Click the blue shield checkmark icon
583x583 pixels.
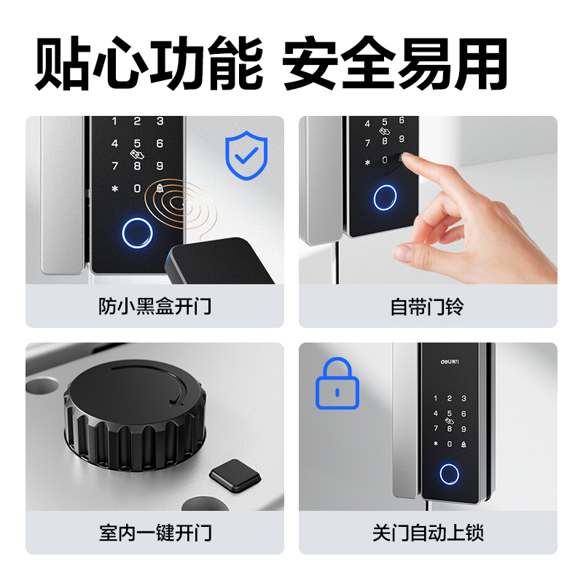coord(246,156)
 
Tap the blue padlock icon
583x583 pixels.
coord(337,383)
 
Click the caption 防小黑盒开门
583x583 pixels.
coord(154,306)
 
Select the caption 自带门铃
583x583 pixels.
coord(428,306)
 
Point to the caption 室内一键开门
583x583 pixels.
coord(154,533)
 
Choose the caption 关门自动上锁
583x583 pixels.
coord(428,533)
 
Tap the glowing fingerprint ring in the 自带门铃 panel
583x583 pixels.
coord(385,197)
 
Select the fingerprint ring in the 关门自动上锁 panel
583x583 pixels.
coord(449,474)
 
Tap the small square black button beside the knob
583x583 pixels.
coord(235,475)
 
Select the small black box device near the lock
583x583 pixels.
coord(219,262)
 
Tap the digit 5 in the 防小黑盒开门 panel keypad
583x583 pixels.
coord(137,144)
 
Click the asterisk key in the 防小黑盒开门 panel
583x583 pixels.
coord(114,189)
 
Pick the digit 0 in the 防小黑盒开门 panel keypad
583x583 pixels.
coord(137,189)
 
